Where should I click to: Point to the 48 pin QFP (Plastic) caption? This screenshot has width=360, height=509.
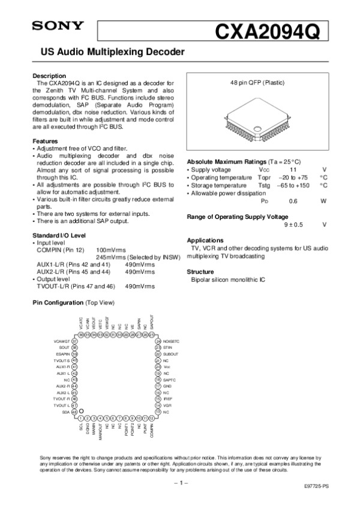[257, 82]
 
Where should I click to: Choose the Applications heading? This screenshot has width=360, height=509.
[205, 240]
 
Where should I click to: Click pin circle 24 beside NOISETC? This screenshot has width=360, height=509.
[157, 341]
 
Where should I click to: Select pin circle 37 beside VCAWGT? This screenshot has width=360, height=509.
[75, 341]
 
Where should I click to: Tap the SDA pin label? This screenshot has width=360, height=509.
[65, 412]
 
